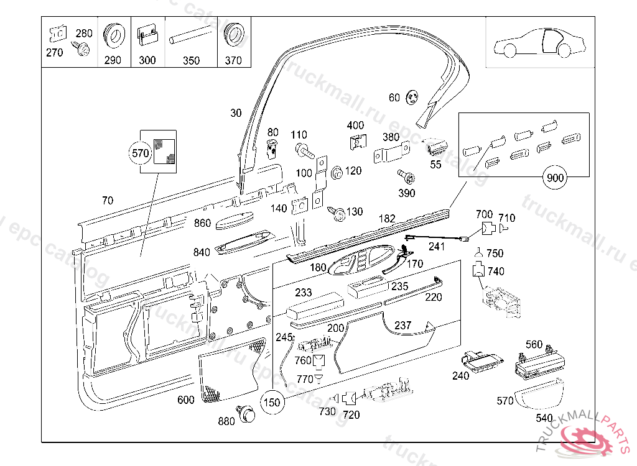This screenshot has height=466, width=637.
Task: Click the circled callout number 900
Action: click(555, 178)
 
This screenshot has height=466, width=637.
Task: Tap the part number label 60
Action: click(394, 98)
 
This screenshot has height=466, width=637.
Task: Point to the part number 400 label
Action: click(355, 126)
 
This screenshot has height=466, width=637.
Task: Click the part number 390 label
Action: click(406, 193)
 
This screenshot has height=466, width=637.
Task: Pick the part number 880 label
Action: click(226, 421)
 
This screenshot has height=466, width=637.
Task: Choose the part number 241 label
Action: click(437, 246)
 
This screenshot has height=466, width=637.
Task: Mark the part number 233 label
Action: click(304, 293)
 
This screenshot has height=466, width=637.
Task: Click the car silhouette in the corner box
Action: click(539, 43)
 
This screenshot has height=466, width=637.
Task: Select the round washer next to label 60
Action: click(411, 98)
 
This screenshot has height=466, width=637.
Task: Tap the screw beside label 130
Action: click(338, 214)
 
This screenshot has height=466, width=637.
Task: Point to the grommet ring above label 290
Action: click(113, 37)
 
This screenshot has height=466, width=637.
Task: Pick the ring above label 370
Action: click(233, 36)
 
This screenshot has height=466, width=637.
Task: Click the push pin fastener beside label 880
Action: click(246, 412)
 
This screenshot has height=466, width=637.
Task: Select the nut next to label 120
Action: click(337, 172)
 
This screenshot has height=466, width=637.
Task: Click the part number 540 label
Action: click(544, 418)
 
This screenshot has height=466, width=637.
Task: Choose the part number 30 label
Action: click(236, 113)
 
